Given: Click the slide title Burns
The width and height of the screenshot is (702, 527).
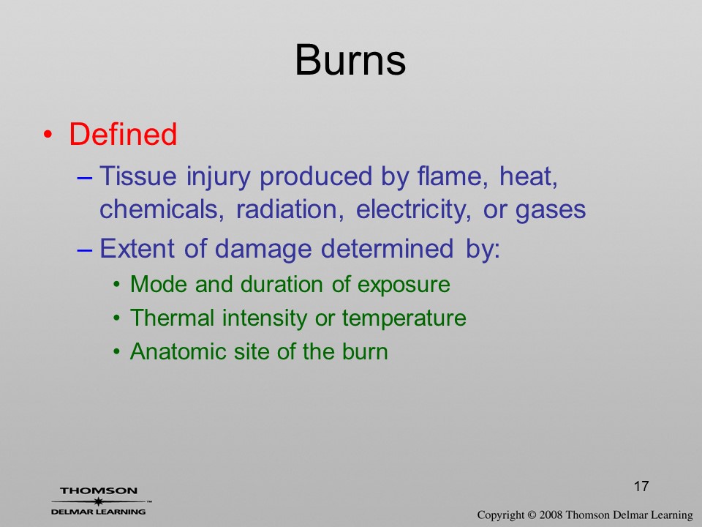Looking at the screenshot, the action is [350, 60].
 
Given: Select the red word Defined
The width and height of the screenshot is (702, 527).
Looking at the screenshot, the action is [123, 134].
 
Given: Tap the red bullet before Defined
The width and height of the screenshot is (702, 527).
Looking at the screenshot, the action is [48, 135].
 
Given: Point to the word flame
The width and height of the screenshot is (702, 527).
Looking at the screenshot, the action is [453, 176].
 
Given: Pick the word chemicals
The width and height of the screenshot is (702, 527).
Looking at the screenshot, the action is [162, 209].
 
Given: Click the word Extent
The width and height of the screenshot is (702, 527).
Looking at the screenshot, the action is [137, 248].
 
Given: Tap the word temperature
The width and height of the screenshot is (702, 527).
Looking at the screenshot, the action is [404, 318].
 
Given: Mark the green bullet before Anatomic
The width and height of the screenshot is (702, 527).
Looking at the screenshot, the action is [117, 351].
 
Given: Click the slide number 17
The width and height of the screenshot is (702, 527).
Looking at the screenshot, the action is [641, 486].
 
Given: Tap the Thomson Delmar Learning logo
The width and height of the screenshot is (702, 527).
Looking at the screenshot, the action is [100, 501].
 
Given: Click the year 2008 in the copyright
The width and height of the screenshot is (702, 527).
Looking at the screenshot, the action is [550, 515].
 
